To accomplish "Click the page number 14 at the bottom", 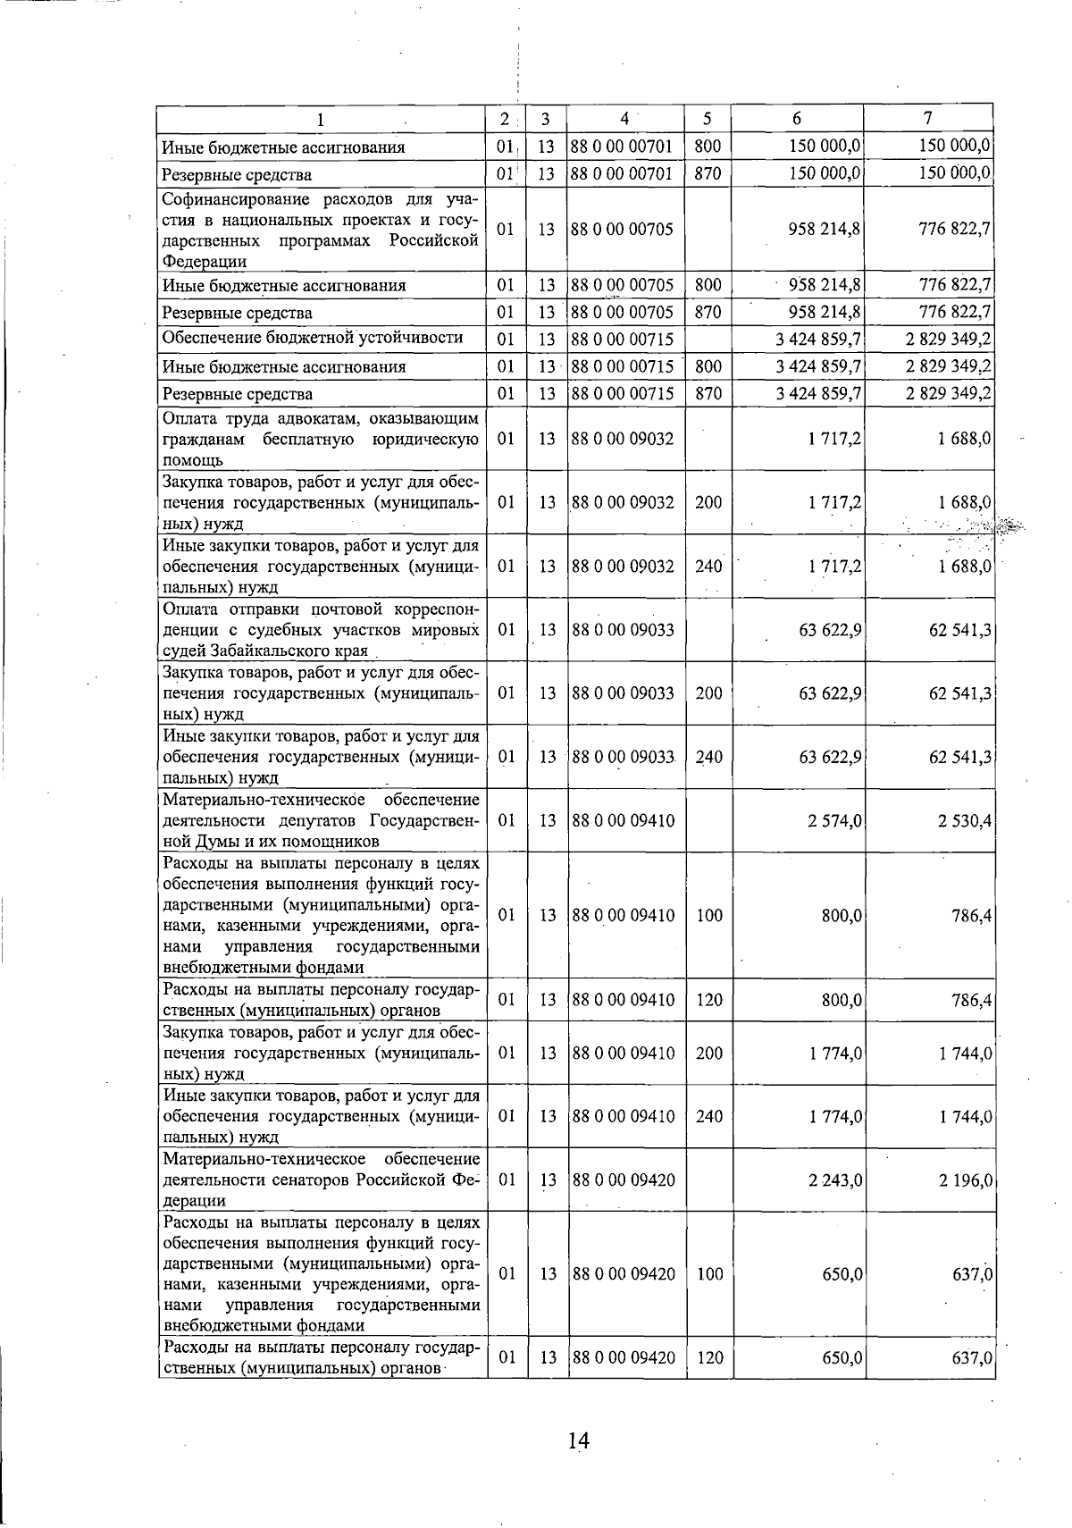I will coord(578,1440).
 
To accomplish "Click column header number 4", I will coord(625,119).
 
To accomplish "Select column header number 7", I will coord(928,119).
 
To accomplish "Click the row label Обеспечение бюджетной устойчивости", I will coord(313,338).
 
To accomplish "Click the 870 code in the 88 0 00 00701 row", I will coord(708,174).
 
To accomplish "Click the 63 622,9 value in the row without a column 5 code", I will coord(830,630).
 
